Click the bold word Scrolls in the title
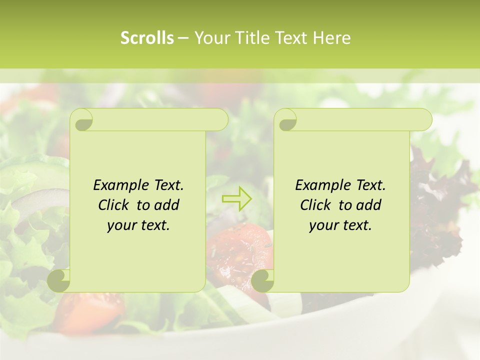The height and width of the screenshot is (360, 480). coord(147,38)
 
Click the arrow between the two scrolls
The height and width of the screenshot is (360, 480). coord(237,198)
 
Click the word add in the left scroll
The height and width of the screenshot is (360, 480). coord(167,205)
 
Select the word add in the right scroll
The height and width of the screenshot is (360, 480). coord(369,205)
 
